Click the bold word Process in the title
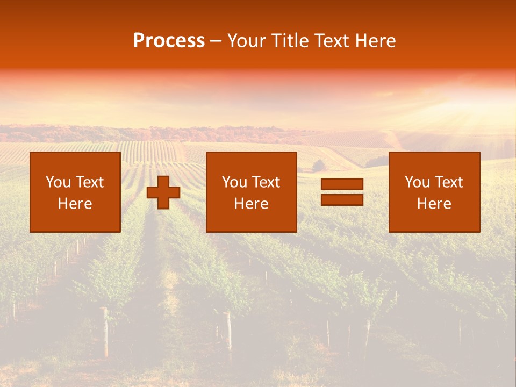tap(169, 41)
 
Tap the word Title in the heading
tap(291, 41)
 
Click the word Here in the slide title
tap(377, 41)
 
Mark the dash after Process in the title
tap(216, 41)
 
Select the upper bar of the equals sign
tap(342, 184)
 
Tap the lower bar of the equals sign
tap(342, 199)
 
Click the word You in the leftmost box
tap(58, 182)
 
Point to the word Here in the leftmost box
tap(75, 204)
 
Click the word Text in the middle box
tap(266, 182)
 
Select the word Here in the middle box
tap(252, 204)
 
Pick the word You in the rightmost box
tap(417, 182)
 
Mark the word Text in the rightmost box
tap(448, 182)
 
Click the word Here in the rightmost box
tap(434, 204)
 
